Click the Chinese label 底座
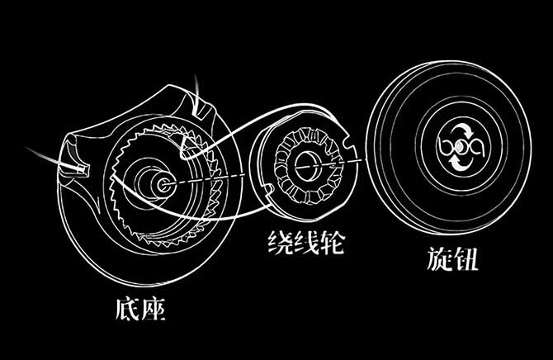[140, 309]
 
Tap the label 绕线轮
[305, 243]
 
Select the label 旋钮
[452, 258]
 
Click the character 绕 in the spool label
[281, 243]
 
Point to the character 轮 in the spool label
[332, 243]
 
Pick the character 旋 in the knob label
[439, 258]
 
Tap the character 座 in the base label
[154, 309]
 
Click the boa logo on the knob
[461, 146]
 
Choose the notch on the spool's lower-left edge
[267, 190]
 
